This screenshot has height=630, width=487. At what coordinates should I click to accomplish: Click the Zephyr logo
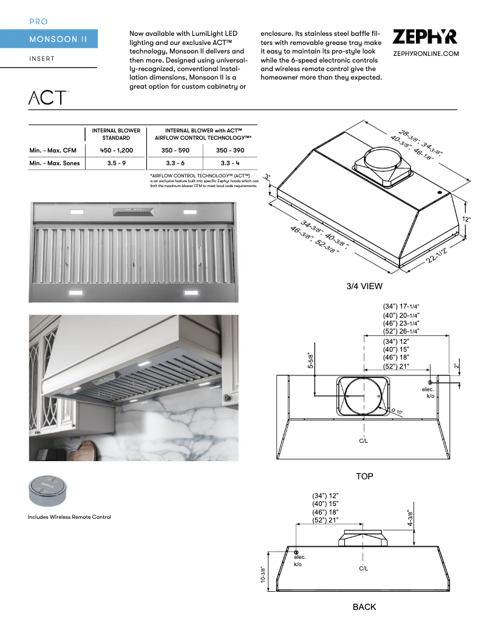point(425,37)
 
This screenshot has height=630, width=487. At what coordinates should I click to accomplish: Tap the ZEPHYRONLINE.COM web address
point(425,54)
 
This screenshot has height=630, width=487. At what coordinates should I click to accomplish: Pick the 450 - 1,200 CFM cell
point(116,150)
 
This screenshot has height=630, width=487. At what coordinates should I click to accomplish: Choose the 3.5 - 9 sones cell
point(116,163)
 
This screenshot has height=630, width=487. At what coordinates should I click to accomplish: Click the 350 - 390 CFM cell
point(230,150)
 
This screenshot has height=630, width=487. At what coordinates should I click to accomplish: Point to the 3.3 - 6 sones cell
point(175,163)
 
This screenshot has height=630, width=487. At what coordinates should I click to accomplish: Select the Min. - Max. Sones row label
point(55,163)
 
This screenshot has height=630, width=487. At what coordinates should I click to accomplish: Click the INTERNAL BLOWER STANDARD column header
point(116,134)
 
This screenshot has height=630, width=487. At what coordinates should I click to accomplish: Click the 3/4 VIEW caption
point(364,286)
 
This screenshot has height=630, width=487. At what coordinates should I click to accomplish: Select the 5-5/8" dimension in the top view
point(310,361)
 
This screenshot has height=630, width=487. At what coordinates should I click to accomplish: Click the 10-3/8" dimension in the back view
point(263,575)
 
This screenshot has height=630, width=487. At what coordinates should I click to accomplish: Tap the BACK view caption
point(364,607)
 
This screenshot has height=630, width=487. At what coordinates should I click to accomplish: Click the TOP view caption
point(364,476)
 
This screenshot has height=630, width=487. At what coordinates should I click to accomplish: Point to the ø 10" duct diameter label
point(396,412)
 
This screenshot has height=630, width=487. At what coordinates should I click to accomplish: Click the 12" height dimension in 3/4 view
point(466,219)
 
